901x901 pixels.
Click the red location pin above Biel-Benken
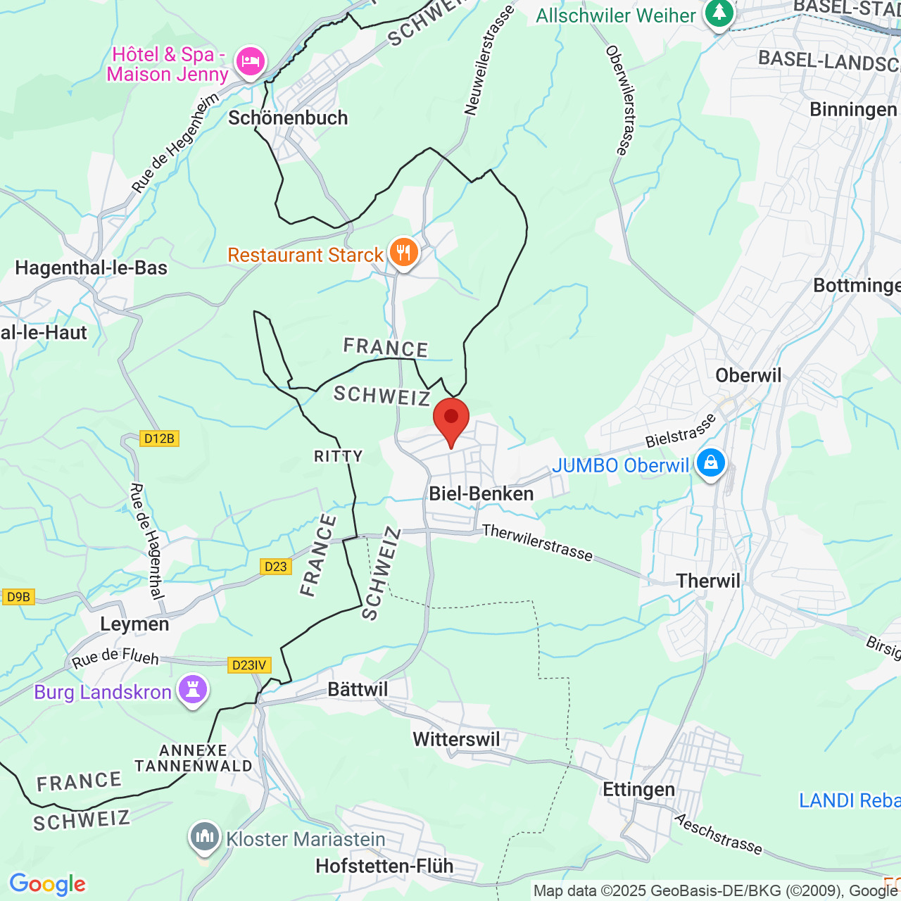[450, 420]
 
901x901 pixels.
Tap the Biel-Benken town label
[481, 493]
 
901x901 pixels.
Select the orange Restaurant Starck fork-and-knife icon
[403, 252]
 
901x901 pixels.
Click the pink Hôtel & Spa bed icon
[250, 62]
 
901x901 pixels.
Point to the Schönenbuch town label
[288, 118]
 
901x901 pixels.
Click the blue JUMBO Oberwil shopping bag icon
[710, 464]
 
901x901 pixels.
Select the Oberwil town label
[748, 375]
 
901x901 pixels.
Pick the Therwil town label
[708, 581]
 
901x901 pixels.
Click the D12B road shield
[159, 439]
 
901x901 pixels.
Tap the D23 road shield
[275, 567]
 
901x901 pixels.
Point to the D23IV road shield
[249, 665]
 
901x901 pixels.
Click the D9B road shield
[18, 597]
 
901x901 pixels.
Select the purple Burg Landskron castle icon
[193, 690]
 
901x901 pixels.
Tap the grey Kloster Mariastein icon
[205, 837]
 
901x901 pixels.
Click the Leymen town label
[134, 624]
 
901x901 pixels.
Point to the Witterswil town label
[456, 739]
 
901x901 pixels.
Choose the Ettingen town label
[638, 789]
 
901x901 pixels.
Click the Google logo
[48, 884]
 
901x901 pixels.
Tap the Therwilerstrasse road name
[537, 543]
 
